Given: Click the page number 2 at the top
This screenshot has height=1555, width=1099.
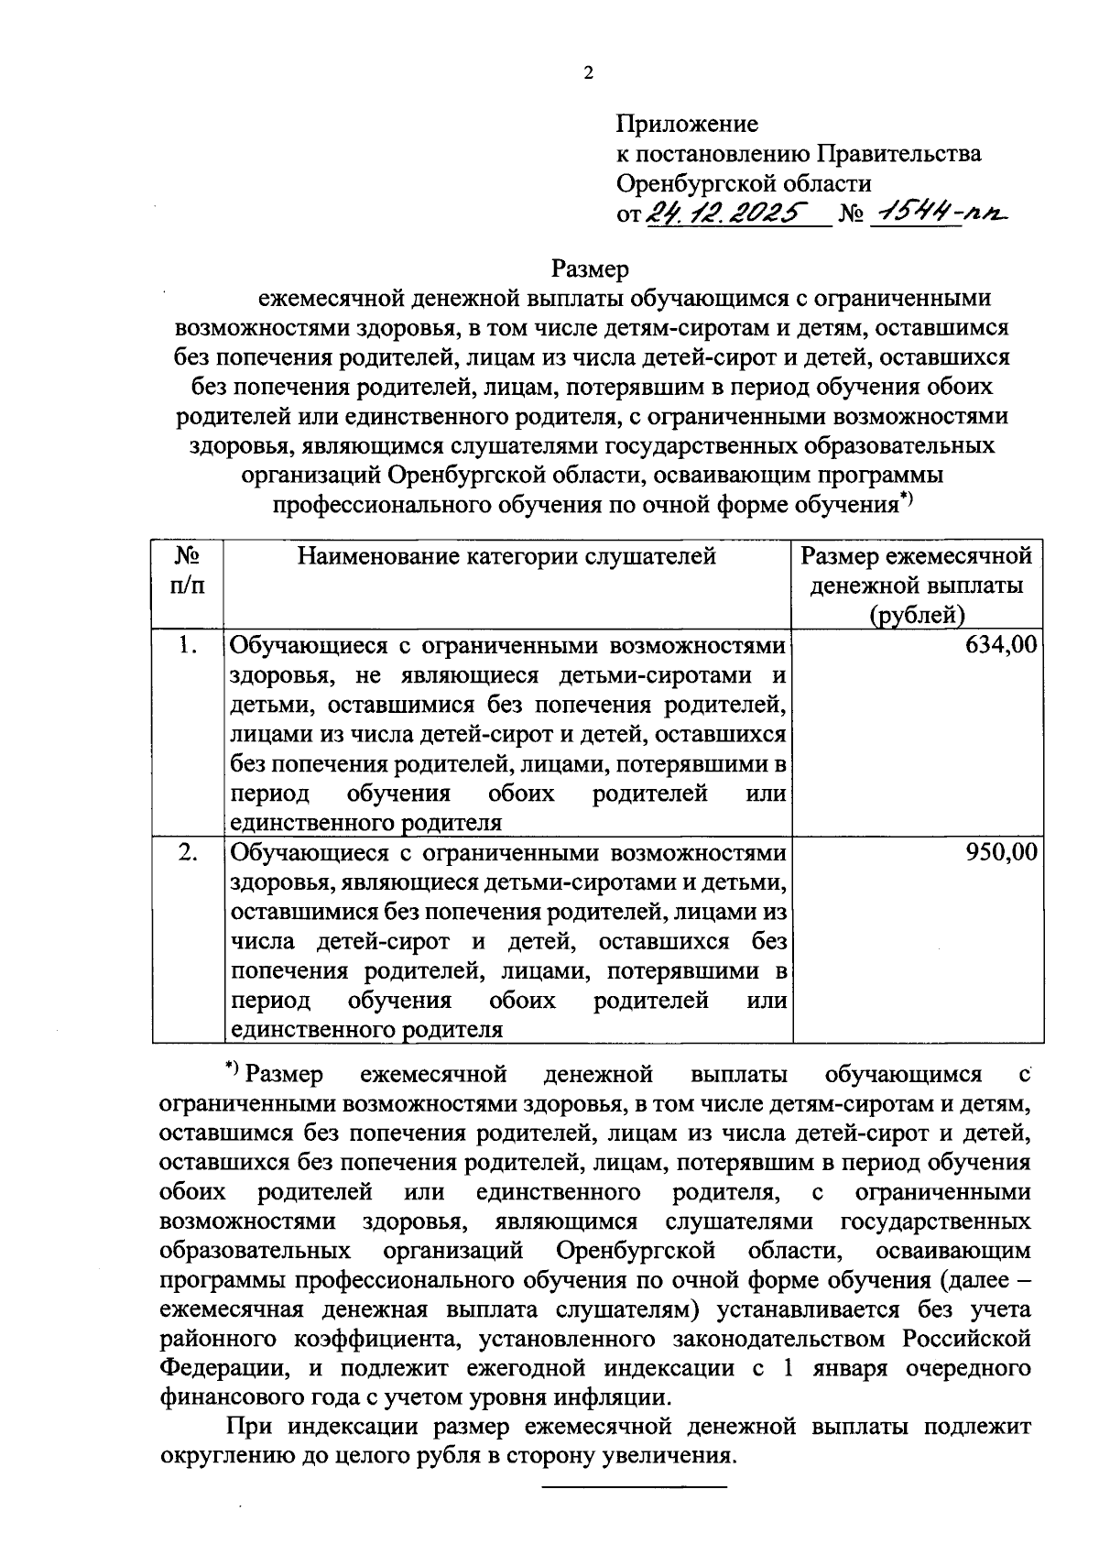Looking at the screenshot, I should [x=588, y=74].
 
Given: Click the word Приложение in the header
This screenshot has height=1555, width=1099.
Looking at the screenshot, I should [x=687, y=124].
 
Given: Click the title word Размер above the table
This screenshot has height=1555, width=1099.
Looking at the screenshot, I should [x=590, y=269].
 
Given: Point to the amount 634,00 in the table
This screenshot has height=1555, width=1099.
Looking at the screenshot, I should [x=1002, y=645].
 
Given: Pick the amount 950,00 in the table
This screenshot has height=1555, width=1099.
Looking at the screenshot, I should [x=1002, y=853].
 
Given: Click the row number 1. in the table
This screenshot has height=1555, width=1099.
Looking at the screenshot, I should [x=188, y=645].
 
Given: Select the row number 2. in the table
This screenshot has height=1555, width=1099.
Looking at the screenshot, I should [x=188, y=853].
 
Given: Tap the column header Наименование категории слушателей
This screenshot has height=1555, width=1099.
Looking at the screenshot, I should [x=506, y=556].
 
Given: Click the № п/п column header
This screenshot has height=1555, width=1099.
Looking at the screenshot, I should [x=188, y=570].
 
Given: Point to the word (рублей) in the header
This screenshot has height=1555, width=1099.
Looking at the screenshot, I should [x=917, y=616].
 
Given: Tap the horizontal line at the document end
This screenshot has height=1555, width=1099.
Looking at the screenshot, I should [x=635, y=1485].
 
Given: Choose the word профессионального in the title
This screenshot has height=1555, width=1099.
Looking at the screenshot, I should [x=382, y=504].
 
